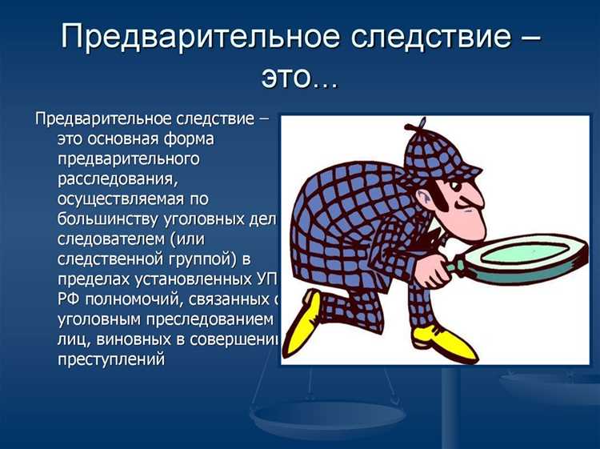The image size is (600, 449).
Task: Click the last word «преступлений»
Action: (x=111, y=359)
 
